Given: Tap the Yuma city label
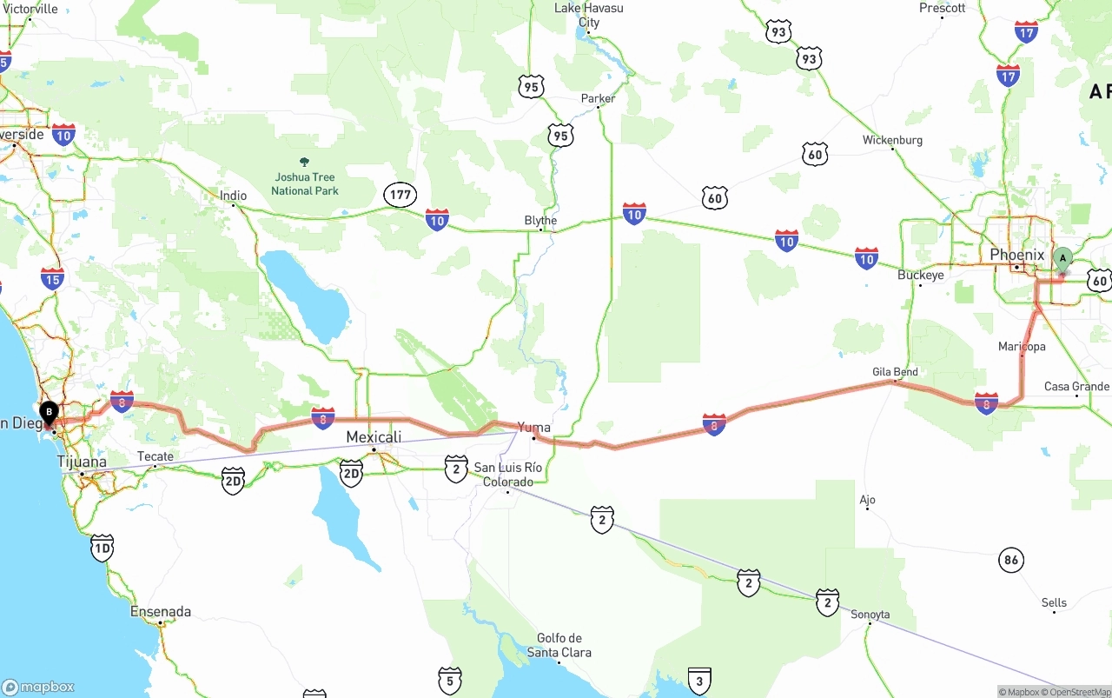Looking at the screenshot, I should (x=533, y=427).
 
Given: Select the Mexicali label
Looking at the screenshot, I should (x=374, y=436).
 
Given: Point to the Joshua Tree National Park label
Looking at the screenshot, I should (x=304, y=183).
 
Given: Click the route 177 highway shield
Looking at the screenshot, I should (x=400, y=195).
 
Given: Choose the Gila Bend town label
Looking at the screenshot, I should (x=895, y=372).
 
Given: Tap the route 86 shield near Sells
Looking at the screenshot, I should (x=1010, y=560).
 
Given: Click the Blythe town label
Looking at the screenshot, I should (x=540, y=221).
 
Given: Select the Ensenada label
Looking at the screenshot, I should (x=160, y=612).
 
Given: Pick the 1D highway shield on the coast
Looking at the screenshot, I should (x=103, y=548).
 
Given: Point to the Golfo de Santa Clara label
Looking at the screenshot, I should (x=559, y=645).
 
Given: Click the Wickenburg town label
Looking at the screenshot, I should (x=892, y=140).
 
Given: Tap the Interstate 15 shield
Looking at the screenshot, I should (x=52, y=279).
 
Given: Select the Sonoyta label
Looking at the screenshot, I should (x=870, y=615).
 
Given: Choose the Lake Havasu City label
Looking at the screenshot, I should (x=589, y=15).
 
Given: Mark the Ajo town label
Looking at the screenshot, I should (x=867, y=500).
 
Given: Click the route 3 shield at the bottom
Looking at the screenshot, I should (x=699, y=681).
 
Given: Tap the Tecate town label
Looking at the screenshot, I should (x=156, y=456).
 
